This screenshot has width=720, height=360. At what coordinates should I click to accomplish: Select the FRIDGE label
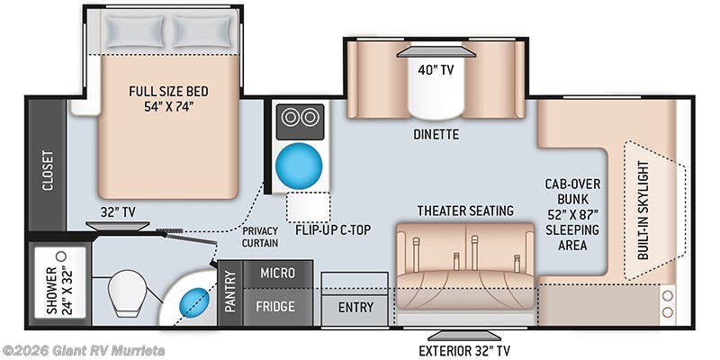click(274, 306)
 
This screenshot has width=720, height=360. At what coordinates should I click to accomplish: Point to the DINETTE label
click(436, 134)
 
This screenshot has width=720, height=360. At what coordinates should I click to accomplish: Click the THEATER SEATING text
click(465, 211)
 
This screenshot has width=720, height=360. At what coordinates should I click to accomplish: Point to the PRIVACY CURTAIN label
click(260, 237)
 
